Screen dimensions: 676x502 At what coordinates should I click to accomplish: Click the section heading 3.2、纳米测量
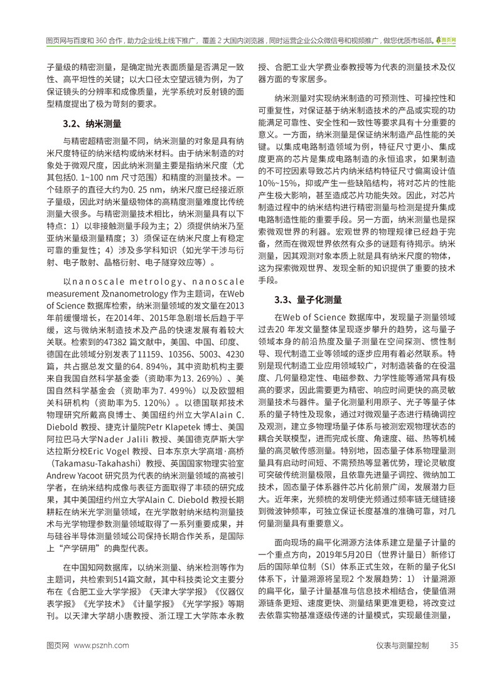click(93, 123)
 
